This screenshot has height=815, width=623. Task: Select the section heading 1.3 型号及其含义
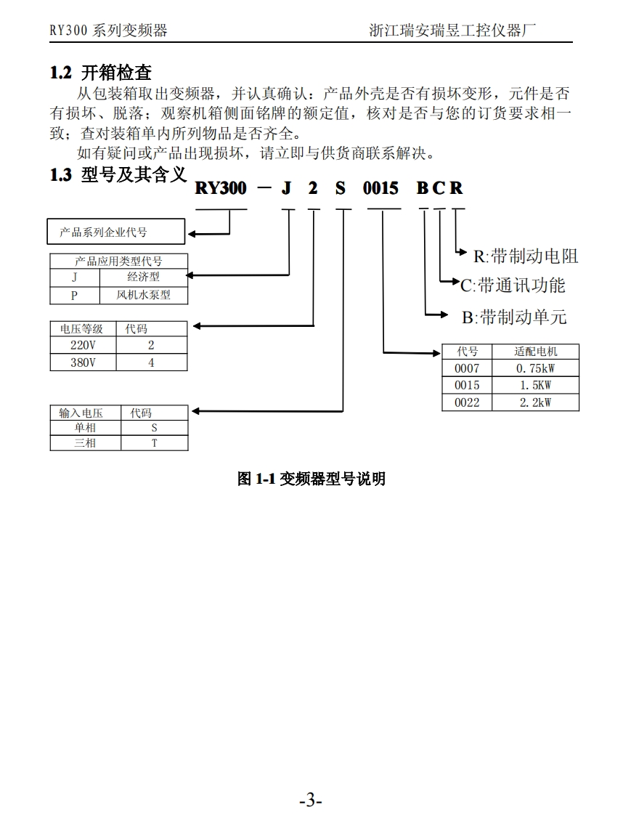[x=118, y=175]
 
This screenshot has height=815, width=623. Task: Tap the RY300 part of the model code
[x=221, y=189]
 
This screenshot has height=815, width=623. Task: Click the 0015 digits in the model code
[x=380, y=189]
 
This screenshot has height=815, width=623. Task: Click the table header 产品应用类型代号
[x=118, y=261]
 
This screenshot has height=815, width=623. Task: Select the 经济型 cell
[x=143, y=277]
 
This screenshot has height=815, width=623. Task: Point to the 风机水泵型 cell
[x=143, y=296]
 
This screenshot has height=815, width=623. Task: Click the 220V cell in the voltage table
[x=82, y=346]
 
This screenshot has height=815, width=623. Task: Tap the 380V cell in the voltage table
[x=82, y=362]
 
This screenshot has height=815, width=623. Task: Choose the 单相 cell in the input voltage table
[x=85, y=428]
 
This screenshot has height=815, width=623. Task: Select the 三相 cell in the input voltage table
[x=85, y=442]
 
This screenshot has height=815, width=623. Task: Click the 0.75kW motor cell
[x=535, y=368]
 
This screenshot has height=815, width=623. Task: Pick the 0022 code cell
[x=467, y=402]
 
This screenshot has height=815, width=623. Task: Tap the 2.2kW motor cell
[x=535, y=402]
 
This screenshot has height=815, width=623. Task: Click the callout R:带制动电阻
[x=526, y=256]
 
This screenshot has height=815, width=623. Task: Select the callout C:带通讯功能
[x=513, y=285]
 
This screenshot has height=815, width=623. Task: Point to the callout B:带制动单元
[x=514, y=317]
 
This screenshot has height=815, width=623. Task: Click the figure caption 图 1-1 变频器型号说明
[x=311, y=479]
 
